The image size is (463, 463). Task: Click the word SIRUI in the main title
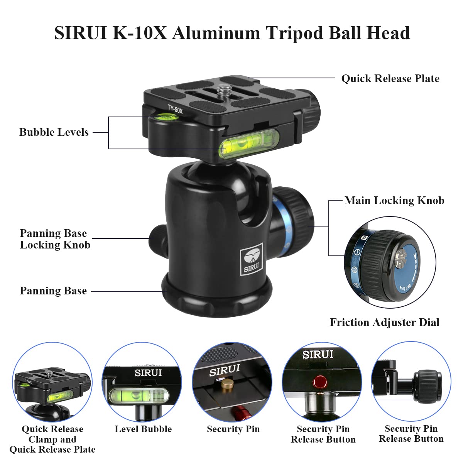(x=80, y=33)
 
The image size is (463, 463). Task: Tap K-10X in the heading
(x=140, y=33)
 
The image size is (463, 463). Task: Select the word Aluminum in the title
(x=216, y=33)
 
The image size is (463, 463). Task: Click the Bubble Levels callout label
(x=54, y=132)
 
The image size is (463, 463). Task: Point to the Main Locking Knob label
(x=394, y=201)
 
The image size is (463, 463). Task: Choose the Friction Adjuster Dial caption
(x=385, y=323)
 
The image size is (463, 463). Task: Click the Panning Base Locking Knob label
(x=55, y=239)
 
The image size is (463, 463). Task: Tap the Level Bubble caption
(x=143, y=429)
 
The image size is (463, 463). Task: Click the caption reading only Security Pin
(x=233, y=429)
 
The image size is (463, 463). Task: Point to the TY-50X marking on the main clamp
(x=175, y=109)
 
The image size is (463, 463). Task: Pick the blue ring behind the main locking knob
(x=281, y=224)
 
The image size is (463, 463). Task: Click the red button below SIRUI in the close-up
(x=320, y=382)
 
